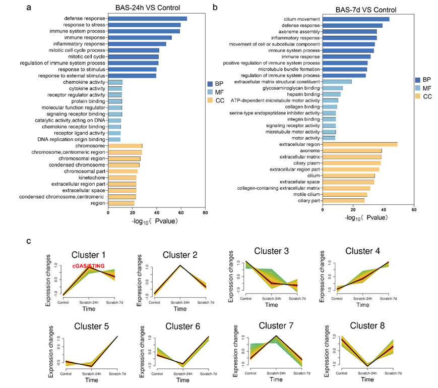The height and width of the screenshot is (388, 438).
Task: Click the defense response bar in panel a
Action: click(x=147, y=19)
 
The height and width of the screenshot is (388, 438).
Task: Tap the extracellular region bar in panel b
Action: click(x=360, y=144)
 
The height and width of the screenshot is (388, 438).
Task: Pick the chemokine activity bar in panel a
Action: click(x=115, y=82)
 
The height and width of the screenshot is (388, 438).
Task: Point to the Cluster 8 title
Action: click(x=369, y=325)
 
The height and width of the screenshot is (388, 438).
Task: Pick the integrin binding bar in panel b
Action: click(x=329, y=120)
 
